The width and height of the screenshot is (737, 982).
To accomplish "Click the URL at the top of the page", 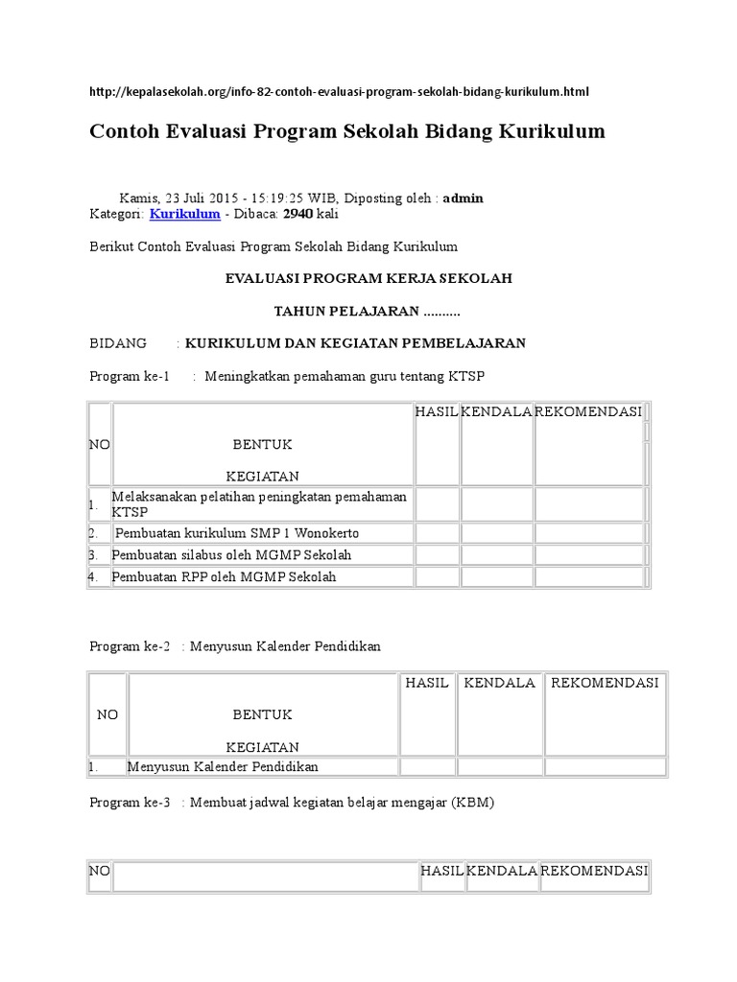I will tap(339, 92).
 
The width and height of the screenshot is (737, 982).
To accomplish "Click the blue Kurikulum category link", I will tap(184, 214).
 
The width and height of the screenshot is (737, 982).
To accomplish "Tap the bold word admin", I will tap(463, 199).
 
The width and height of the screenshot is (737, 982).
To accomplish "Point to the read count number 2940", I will tap(297, 214).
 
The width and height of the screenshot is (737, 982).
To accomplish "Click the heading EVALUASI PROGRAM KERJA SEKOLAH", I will tap(368, 278).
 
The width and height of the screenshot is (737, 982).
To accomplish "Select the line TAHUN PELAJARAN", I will tap(368, 311).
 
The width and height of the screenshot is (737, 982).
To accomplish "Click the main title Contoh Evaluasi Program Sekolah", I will tap(347, 131).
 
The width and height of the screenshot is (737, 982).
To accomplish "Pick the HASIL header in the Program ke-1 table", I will tap(437, 411).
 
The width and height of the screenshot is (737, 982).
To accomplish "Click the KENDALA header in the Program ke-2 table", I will tap(499, 683).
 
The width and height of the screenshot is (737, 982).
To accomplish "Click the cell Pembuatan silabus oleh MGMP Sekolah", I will tap(232, 555).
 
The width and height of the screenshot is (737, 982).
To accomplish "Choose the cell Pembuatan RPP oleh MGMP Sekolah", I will tap(225, 576).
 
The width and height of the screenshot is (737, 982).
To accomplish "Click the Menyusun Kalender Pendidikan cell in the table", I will tap(223, 766).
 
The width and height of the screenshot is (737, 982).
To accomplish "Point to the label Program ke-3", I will tap(130, 803).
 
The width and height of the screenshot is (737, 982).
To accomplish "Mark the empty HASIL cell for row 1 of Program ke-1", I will tap(437, 503).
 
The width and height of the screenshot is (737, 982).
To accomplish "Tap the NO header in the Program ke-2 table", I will tap(107, 714).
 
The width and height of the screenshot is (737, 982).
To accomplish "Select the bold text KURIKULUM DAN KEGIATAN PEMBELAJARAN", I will tap(355, 343).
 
